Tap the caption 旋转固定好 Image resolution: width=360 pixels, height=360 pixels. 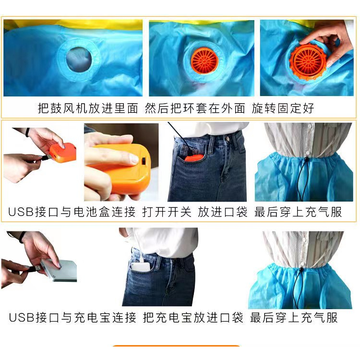click(x=283, y=108)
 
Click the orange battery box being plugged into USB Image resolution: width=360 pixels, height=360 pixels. click(x=62, y=153)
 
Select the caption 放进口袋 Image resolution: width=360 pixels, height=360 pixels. click(x=223, y=212)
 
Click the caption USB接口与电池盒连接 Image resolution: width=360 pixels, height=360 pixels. click(x=72, y=212)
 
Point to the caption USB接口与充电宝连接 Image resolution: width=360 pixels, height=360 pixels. click(x=72, y=317)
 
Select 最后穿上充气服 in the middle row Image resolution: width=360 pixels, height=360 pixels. click(x=298, y=212)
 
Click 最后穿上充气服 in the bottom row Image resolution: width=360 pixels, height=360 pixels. click(x=294, y=317)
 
